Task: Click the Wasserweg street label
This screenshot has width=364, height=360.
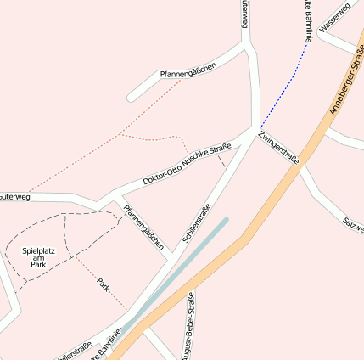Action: tap(334, 19)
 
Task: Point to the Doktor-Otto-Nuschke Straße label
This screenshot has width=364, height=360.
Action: tap(187, 164)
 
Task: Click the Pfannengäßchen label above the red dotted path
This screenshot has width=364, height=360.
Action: tap(182, 75)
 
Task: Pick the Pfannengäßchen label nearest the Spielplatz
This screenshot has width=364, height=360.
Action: tap(143, 226)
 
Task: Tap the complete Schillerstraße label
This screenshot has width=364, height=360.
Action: tap(197, 223)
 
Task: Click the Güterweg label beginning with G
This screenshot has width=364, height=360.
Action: tap(14, 197)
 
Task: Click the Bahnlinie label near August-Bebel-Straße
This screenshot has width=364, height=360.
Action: tap(108, 343)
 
